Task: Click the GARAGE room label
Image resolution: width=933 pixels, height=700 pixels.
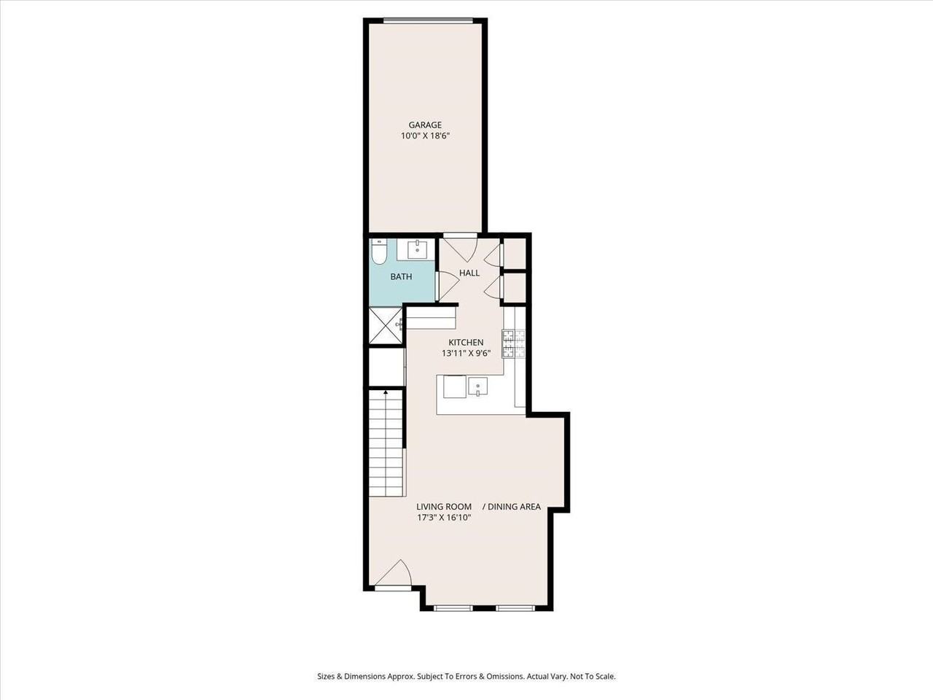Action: [424, 125]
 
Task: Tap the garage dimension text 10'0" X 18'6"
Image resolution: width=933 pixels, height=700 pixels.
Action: [424, 136]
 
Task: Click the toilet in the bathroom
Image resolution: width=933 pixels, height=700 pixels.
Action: [378, 252]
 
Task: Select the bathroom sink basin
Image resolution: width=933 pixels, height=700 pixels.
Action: [417, 249]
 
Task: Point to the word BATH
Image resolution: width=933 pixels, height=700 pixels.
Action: [401, 276]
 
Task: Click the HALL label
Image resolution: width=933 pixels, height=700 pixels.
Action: [469, 273]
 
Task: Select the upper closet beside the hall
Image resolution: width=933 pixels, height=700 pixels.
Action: [515, 253]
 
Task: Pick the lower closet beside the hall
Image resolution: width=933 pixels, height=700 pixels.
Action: [515, 287]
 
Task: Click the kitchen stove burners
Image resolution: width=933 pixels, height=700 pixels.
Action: [512, 344]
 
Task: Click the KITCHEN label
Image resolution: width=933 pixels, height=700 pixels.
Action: [466, 342]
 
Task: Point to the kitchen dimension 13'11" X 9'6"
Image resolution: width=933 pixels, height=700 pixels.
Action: [466, 353]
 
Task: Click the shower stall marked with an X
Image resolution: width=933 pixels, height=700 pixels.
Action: [386, 325]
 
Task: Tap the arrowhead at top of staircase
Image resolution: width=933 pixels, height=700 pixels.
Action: [386, 392]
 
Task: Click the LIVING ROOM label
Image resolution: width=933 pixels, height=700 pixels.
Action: [444, 507]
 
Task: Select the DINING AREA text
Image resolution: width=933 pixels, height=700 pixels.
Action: [514, 507]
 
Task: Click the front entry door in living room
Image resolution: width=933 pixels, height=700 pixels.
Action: [394, 575]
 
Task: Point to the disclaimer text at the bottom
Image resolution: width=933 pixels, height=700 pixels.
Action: [466, 676]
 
